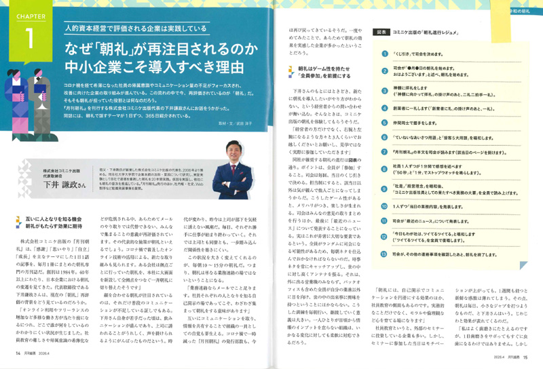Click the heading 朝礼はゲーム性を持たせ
click(313, 69)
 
